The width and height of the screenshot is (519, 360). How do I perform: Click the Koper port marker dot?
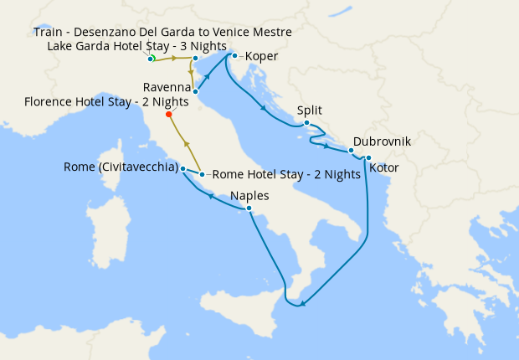(x=234, y=56)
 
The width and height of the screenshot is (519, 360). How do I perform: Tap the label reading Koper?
(x=261, y=57)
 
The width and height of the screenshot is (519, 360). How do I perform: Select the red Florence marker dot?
(x=169, y=115)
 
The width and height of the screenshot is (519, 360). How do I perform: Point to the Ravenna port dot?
(x=195, y=91)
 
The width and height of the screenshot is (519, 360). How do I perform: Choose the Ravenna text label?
(x=167, y=87)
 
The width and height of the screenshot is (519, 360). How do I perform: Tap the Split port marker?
(x=307, y=124)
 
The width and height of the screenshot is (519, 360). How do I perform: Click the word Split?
(x=309, y=110)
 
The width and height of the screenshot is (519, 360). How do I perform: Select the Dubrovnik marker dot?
(x=351, y=151)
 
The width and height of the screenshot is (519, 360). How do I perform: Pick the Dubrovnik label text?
(x=382, y=141)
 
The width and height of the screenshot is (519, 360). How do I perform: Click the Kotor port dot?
(x=368, y=157)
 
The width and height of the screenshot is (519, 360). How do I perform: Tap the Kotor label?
(x=383, y=168)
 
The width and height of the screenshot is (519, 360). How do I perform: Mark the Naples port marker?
(x=249, y=208)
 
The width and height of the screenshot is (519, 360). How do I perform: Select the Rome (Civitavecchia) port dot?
(x=182, y=168)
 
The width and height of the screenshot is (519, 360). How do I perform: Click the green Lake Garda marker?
(x=152, y=59)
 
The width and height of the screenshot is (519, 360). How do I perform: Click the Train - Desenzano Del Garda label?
(x=162, y=32)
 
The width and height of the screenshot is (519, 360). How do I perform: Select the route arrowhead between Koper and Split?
(x=265, y=107)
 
